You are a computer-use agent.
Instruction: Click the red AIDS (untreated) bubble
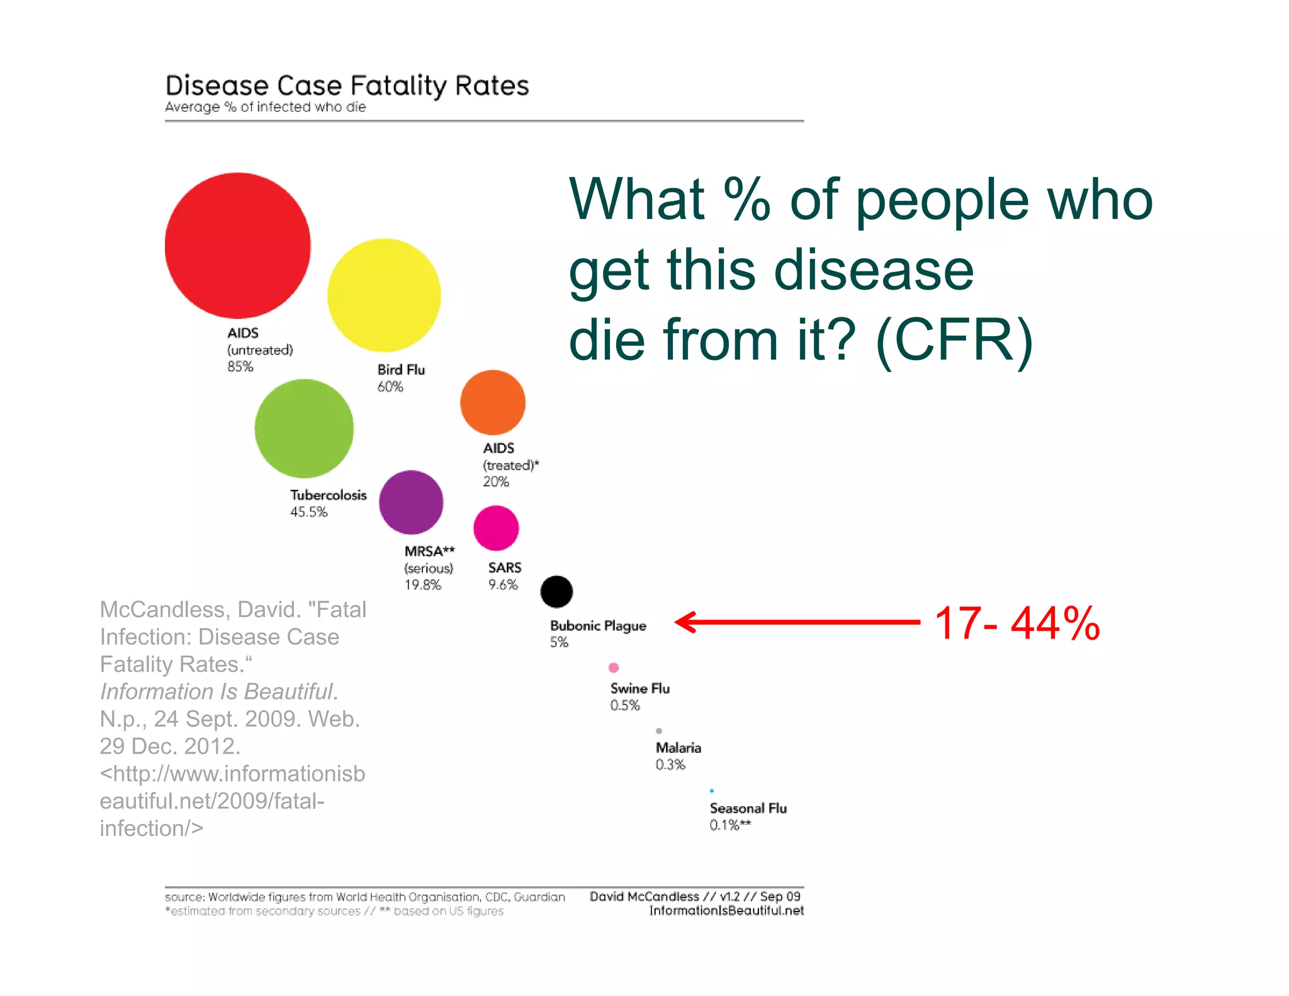click(x=237, y=246)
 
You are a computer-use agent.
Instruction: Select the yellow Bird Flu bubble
click(x=384, y=295)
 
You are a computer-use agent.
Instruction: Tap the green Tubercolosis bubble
click(x=304, y=428)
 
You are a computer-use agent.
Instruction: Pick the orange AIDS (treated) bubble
click(x=493, y=402)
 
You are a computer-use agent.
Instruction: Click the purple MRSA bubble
click(x=411, y=502)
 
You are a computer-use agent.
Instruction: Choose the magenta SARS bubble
click(x=496, y=528)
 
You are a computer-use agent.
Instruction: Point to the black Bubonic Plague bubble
click(x=556, y=592)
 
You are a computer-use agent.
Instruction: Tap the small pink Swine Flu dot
click(x=614, y=667)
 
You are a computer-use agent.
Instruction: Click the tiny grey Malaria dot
click(x=659, y=731)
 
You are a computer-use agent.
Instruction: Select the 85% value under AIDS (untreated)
click(x=240, y=366)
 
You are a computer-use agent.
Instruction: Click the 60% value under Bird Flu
click(x=390, y=387)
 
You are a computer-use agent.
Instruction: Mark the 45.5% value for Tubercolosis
click(x=308, y=512)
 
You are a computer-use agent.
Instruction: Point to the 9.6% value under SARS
click(x=503, y=585)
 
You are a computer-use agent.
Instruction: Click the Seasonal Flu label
click(x=748, y=808)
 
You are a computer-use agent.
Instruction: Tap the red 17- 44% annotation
click(x=1017, y=623)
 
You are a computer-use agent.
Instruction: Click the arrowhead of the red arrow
click(x=684, y=622)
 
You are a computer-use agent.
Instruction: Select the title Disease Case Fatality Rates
click(x=347, y=86)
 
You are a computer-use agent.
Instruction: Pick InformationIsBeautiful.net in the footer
click(x=726, y=910)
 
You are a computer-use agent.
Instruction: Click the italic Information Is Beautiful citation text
click(x=217, y=691)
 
